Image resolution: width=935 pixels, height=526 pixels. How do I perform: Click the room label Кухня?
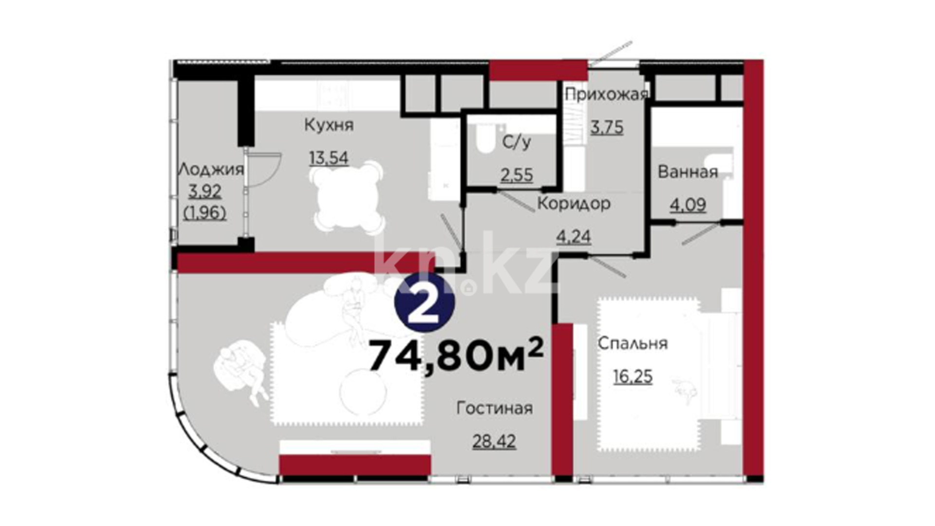(329, 125)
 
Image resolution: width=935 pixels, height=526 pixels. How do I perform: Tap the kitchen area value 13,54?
(329, 158)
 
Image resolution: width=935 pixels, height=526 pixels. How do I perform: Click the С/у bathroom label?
(517, 143)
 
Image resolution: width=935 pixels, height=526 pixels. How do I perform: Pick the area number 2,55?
(517, 174)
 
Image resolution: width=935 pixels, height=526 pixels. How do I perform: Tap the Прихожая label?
(606, 94)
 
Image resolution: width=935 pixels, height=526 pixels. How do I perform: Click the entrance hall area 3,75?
(607, 128)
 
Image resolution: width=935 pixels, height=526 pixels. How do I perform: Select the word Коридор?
(574, 203)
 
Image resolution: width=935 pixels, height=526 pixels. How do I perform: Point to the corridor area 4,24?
(574, 237)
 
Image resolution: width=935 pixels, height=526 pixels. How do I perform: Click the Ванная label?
(688, 172)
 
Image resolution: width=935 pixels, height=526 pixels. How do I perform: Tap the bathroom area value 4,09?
(688, 205)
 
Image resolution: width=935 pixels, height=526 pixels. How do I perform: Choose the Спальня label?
(633, 343)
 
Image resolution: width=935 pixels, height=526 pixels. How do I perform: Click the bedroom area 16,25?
(633, 376)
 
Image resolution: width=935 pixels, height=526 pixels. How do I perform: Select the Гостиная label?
(494, 408)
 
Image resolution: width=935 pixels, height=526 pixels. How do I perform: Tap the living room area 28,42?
(494, 441)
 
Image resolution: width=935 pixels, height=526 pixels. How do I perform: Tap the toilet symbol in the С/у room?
(485, 138)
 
